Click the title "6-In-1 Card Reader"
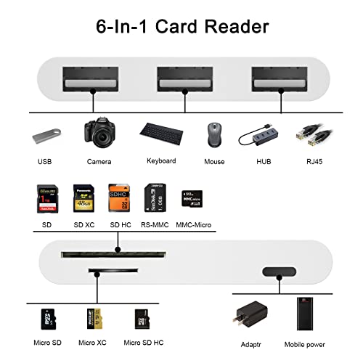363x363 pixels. pos(181,27)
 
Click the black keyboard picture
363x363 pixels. pos(161,134)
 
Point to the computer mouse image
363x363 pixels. pos(215,136)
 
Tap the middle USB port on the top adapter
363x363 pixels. pos(184,80)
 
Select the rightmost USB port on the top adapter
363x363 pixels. pos(279,80)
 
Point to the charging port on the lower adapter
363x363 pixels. pos(279,272)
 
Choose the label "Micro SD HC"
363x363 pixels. pos(144,342)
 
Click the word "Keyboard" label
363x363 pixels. pos(161,160)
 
